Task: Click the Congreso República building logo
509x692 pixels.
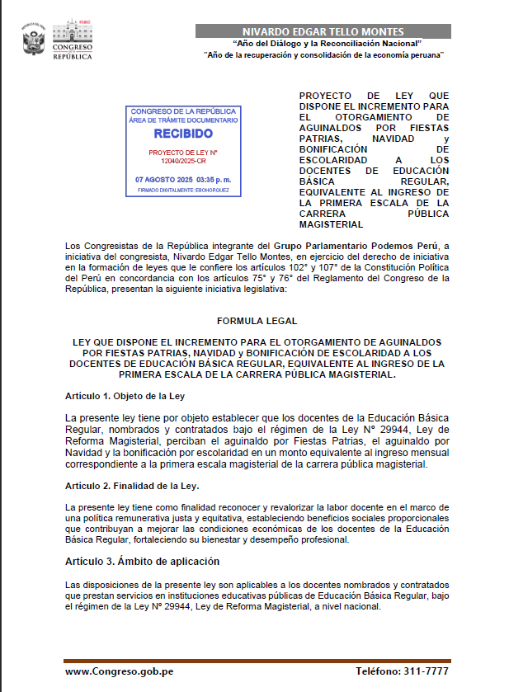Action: tap(73, 38)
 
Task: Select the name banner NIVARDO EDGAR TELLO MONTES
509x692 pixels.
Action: tap(323, 31)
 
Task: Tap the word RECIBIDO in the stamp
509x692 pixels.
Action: tap(183, 134)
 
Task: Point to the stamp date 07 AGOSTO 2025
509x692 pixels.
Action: tap(164, 179)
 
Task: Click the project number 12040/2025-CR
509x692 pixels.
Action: tap(183, 162)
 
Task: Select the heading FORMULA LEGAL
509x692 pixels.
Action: tap(257, 320)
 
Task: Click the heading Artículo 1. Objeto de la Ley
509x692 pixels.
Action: tap(125, 396)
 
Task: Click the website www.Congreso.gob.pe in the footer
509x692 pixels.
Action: tap(119, 671)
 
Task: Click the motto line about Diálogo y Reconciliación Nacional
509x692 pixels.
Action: tap(328, 43)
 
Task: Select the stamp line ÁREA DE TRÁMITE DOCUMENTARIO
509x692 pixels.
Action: tap(183, 120)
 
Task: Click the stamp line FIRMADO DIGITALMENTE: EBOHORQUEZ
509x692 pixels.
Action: tap(183, 191)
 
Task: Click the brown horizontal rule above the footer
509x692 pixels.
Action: tap(257, 661)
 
